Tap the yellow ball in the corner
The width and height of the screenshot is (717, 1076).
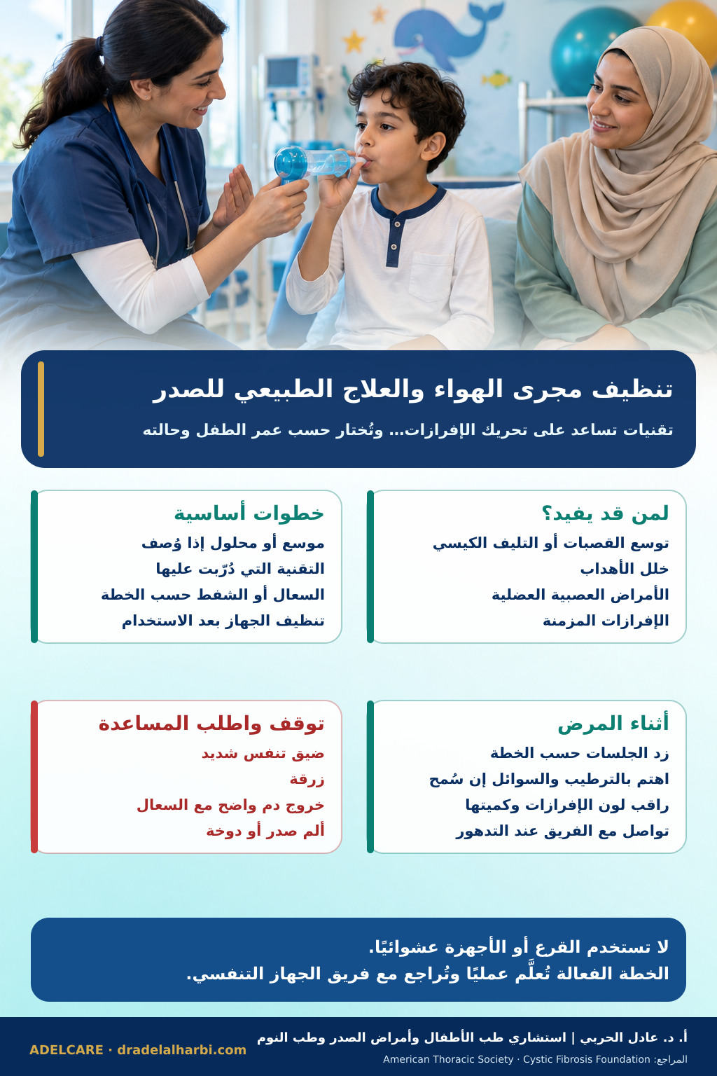(688, 24)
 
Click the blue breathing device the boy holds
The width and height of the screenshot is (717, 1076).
(312, 164)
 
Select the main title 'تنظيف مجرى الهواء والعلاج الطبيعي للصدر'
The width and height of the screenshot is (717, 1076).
(412, 389)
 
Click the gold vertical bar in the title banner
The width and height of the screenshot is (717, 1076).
(41, 409)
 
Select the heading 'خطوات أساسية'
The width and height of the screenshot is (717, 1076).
(249, 513)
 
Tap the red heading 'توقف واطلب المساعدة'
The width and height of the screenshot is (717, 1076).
(211, 724)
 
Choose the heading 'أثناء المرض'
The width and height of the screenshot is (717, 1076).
(613, 724)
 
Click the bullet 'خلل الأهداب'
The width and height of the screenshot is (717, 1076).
(625, 569)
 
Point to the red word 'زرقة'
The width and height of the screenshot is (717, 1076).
(307, 779)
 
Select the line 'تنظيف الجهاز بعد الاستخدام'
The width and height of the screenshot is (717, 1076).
(223, 621)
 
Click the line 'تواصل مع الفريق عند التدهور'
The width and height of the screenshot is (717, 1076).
(562, 831)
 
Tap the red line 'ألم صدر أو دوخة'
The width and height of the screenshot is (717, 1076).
(265, 831)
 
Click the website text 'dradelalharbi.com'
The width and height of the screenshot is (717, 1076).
(181, 1049)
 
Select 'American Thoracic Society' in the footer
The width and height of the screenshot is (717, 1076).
(448, 1059)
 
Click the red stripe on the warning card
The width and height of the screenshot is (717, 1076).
(34, 777)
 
